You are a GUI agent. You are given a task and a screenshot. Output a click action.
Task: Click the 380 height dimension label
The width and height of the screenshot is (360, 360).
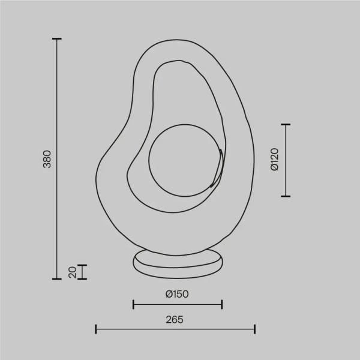(47, 159)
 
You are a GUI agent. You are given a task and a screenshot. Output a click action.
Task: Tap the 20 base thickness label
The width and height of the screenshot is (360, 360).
(72, 272)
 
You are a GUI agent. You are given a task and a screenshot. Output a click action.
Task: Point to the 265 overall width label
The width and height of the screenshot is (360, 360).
(175, 319)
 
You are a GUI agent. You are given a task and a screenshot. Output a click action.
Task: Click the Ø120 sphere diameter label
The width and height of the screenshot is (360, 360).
(274, 160)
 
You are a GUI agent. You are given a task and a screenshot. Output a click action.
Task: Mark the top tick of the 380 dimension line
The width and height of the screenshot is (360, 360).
(57, 39)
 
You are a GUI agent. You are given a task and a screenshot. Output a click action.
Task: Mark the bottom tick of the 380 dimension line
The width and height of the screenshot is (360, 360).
(57, 278)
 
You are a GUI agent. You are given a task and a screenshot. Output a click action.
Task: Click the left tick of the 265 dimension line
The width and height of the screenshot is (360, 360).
(96, 329)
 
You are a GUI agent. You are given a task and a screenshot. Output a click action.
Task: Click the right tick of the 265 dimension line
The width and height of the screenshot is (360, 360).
(255, 329)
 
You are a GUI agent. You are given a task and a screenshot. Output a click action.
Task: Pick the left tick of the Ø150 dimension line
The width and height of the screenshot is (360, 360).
(133, 304)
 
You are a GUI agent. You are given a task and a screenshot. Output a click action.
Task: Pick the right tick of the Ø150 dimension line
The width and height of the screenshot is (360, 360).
(222, 304)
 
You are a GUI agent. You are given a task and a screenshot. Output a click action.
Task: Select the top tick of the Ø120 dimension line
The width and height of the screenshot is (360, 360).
(286, 125)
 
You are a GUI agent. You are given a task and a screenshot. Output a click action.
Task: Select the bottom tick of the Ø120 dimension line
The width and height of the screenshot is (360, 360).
(286, 196)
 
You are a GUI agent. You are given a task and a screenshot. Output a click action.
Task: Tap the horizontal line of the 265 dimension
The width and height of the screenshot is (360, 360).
(175, 329)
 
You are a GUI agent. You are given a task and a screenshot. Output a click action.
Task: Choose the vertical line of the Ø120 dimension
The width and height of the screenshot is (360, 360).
(286, 160)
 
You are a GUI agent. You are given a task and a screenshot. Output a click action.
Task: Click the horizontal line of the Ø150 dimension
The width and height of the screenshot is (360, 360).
(178, 304)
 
